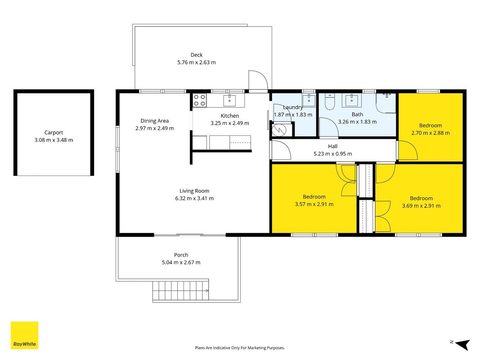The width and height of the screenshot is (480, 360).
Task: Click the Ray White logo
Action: pos(24,335)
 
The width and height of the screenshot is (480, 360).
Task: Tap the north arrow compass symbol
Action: pos(462,344)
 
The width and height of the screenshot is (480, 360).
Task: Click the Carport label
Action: pos(54,133)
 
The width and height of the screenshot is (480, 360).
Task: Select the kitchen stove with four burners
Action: pos(200,100)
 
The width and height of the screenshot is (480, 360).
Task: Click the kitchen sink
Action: pos(229,100)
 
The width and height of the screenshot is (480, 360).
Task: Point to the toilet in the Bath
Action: pos(329,101)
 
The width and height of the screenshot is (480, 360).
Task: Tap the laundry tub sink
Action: pos(309,100)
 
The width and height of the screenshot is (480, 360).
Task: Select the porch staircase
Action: pos(180,291)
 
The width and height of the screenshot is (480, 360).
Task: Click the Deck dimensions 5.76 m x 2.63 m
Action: pos(197,63)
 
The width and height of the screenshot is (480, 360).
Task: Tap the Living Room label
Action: pos(194,191)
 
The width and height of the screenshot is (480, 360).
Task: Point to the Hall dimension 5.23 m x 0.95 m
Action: pos(333,153)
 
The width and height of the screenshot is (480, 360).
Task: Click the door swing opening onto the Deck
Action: pos(258,80)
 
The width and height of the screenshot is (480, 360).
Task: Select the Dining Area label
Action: pos(155,121)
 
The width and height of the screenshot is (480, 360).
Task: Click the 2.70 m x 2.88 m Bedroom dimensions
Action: pos(431,133)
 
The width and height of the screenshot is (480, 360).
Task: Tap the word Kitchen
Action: pos(229,116)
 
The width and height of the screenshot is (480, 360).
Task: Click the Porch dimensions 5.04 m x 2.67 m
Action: pos(181,262)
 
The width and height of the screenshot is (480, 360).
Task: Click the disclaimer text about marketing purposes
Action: pos(240,348)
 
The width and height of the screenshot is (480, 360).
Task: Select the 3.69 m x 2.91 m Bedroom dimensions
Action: pos(421,206)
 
